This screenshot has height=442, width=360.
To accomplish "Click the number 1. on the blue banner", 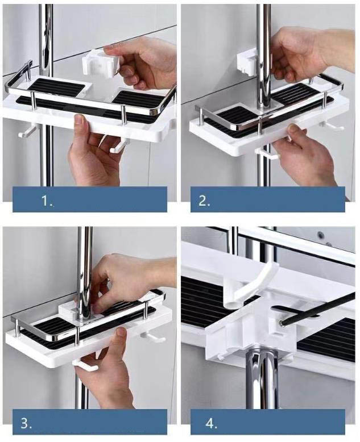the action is tap(47, 201).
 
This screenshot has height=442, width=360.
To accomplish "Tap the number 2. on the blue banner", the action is tap(205, 201).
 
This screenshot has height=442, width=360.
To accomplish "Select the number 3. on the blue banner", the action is tap(26, 423).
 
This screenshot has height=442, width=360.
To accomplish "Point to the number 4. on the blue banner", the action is tap(212, 423).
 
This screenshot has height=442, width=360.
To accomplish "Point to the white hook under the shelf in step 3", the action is tap(85, 365).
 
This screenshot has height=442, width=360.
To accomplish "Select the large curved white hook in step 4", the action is tap(249, 285).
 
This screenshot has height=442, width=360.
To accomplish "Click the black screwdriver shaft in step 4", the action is tap(319, 309).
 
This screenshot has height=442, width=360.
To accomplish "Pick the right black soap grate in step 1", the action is tap(138, 100).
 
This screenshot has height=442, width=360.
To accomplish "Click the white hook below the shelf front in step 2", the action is tap(267, 153).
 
